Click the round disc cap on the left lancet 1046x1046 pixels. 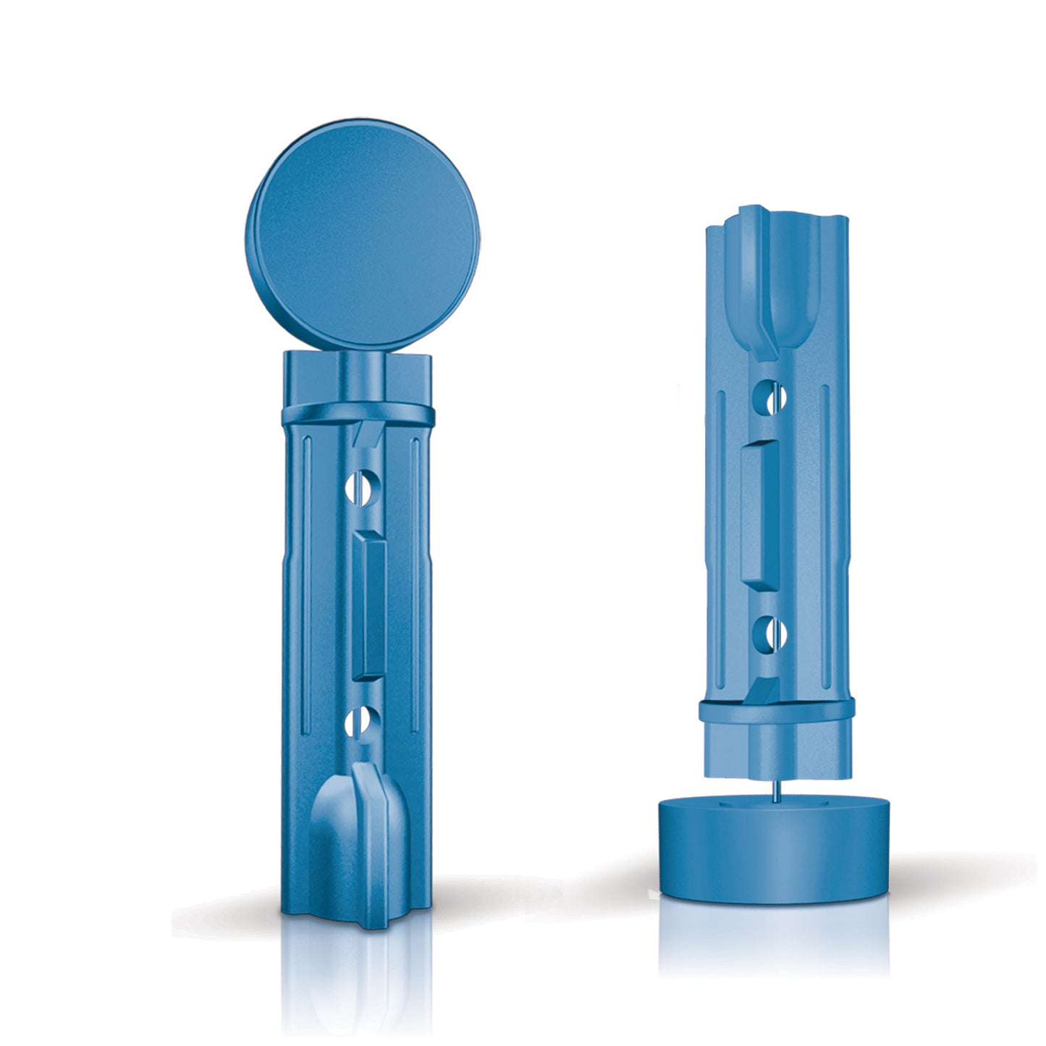[x=362, y=235]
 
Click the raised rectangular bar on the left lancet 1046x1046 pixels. [x=369, y=604]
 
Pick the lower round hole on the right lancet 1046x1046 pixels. [x=769, y=633]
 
